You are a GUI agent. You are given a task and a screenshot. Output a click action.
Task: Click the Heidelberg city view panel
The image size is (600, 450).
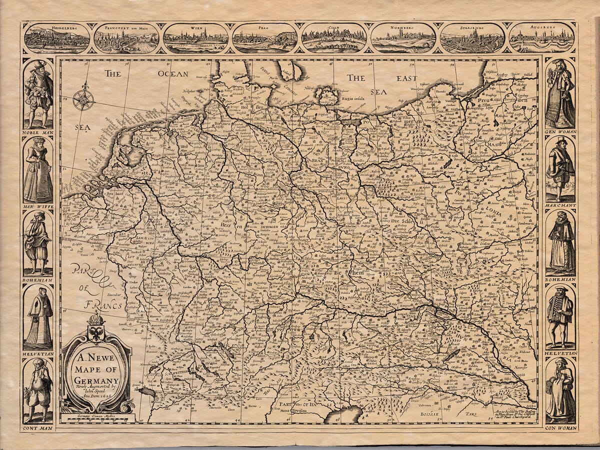tap(57, 38)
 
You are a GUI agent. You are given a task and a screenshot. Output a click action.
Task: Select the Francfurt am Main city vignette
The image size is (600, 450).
tap(126, 38)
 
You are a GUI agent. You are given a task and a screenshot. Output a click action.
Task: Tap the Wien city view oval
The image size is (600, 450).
tap(195, 38)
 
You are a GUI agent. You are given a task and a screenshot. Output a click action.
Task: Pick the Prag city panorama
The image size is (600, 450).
tap(264, 38)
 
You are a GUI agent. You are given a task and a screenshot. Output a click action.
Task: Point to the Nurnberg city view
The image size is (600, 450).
tap(403, 38)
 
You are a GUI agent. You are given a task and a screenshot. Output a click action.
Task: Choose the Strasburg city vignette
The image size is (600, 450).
tap(472, 38)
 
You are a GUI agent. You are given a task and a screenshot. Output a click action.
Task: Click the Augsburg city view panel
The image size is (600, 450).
tap(541, 38)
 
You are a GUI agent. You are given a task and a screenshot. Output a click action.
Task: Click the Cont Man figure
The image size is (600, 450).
tap(38, 390)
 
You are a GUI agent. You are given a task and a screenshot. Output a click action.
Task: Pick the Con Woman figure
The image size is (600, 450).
tap(560, 390)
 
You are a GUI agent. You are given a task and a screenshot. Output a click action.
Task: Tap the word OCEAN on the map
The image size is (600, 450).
tap(173, 74)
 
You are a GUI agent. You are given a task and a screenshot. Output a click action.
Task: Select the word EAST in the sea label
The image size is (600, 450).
tap(407, 78)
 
